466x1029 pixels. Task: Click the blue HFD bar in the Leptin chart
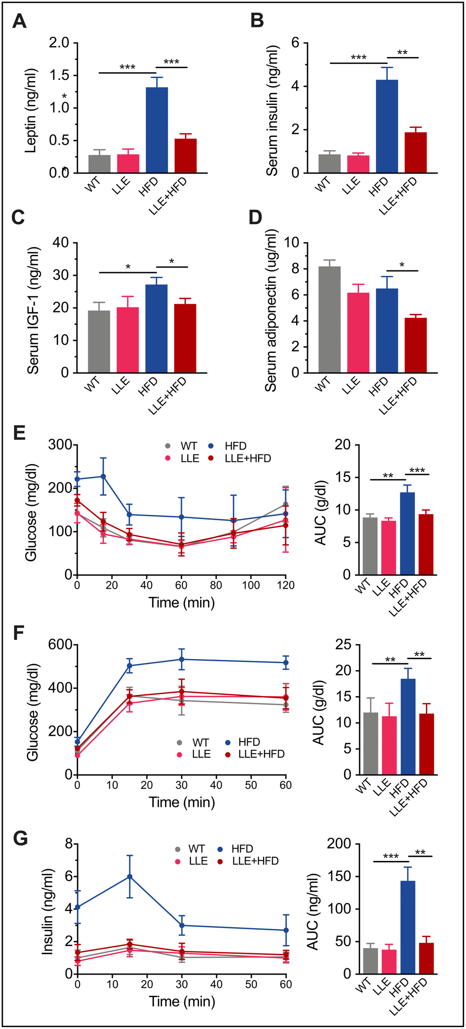pos(157,130)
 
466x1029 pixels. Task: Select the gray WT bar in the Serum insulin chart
pos(329,164)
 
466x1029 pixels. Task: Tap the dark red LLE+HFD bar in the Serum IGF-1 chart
pos(185,338)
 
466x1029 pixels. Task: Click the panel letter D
pos(255,217)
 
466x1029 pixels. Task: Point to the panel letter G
pos(21,839)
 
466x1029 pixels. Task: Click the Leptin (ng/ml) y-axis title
pos(31,111)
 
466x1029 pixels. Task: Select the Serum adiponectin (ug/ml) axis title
pos(271,311)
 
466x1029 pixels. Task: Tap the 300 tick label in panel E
pos(61,445)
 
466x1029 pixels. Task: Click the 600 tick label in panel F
pos(61,644)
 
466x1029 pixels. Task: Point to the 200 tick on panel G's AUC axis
pos(339,844)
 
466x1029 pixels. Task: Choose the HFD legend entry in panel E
pos(235,446)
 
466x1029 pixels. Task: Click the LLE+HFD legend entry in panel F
pos(261,754)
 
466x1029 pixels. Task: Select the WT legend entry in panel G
pos(196,849)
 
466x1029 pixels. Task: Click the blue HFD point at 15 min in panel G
pos(130,876)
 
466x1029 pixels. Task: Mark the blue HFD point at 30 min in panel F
pos(181,659)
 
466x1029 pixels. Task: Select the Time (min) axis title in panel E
pos(181,602)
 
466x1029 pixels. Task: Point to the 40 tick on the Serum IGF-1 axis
pos(61,243)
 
